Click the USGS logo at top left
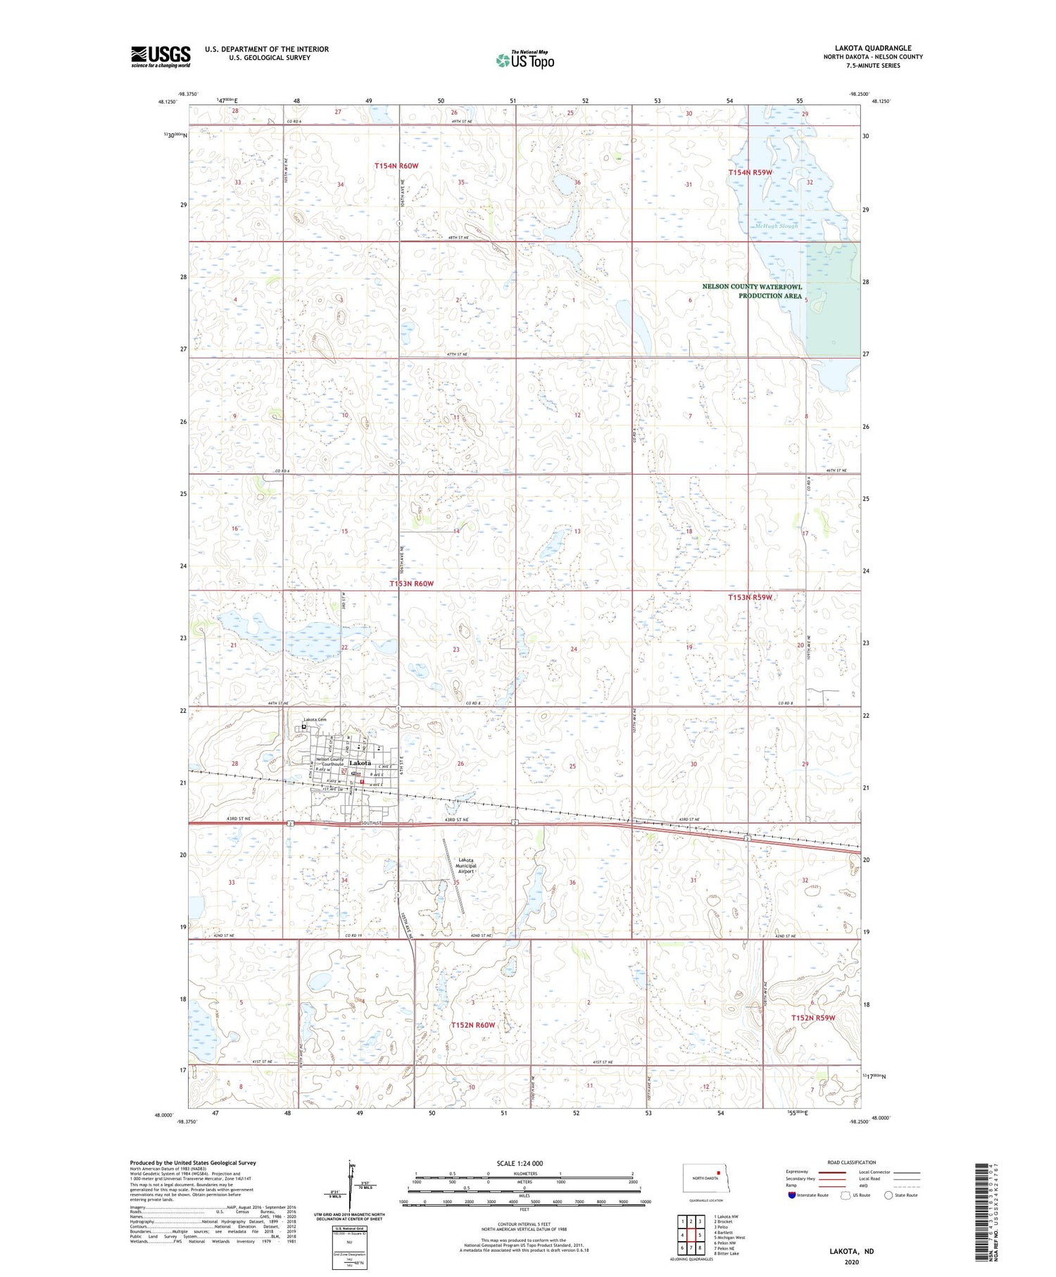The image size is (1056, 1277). [x=161, y=56]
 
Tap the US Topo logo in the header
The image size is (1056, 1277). [x=524, y=61]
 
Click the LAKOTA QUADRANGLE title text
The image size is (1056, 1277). [x=873, y=48]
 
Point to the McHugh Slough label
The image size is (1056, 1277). [x=777, y=226]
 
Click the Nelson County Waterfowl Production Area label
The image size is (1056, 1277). [x=753, y=291]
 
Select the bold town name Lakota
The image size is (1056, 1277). [x=360, y=764]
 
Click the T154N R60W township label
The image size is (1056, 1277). [x=396, y=166]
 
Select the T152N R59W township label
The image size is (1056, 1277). [x=812, y=1018]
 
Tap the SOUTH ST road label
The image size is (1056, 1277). [x=371, y=823]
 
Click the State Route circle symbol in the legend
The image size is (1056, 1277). [x=888, y=1195]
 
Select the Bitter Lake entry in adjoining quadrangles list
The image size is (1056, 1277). [x=726, y=1253]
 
